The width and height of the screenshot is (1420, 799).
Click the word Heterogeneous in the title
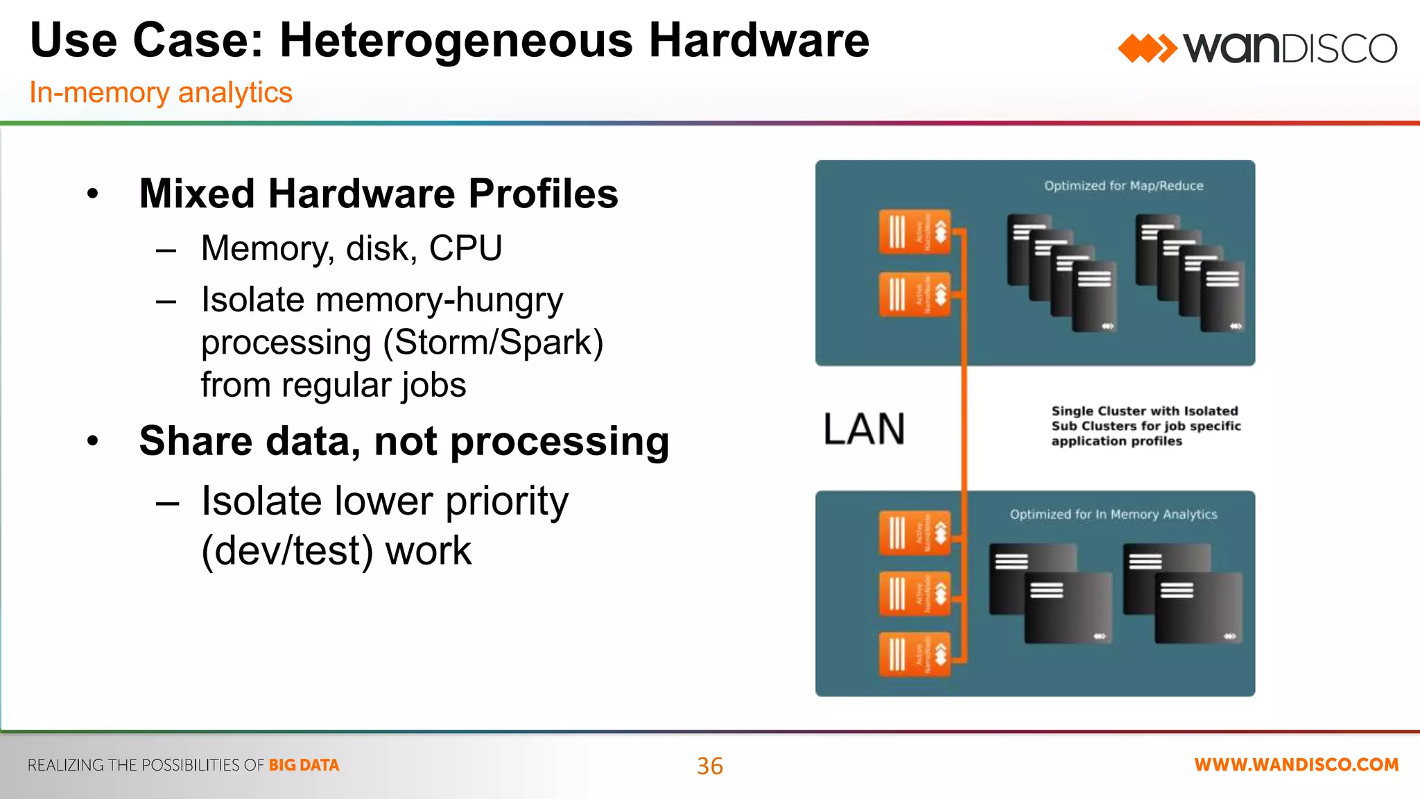click(456, 40)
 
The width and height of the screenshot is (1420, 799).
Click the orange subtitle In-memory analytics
click(161, 92)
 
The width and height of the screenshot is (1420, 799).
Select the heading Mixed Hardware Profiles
click(378, 194)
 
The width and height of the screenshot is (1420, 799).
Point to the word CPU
click(465, 248)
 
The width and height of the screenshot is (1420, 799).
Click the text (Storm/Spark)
click(493, 342)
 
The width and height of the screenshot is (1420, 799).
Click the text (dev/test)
click(287, 551)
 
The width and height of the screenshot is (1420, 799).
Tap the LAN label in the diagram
click(864, 429)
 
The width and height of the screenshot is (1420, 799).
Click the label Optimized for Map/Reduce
click(1123, 186)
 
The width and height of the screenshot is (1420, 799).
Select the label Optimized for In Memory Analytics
click(1113, 515)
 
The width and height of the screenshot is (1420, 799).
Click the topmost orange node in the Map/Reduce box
click(915, 232)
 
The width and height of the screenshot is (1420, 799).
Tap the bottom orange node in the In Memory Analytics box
click(915, 653)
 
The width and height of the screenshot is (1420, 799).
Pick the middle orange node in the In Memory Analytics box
click(915, 593)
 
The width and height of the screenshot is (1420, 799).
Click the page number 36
click(709, 766)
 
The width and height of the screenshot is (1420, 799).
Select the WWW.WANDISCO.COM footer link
click(1296, 765)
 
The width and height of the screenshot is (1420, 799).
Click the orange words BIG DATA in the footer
click(304, 765)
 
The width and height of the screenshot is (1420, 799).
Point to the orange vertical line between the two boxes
click(964, 429)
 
